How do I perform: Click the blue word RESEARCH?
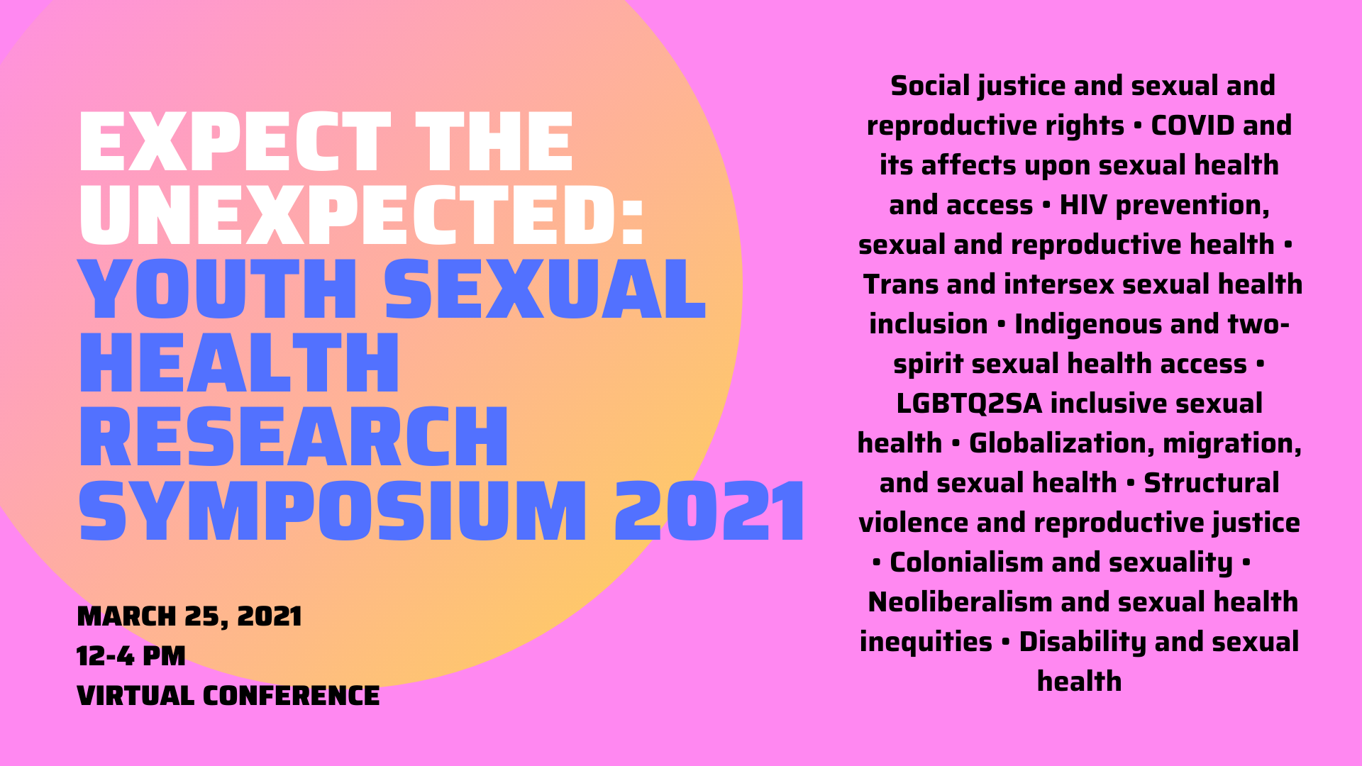294,437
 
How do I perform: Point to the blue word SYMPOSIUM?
333,511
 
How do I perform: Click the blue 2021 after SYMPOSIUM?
710,511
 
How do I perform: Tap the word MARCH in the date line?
126,616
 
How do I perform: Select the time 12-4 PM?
131,656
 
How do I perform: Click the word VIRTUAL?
135,696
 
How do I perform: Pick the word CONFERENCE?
291,696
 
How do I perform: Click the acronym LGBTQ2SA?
969,404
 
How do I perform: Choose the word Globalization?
1056,443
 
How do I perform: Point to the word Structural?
1212,483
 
